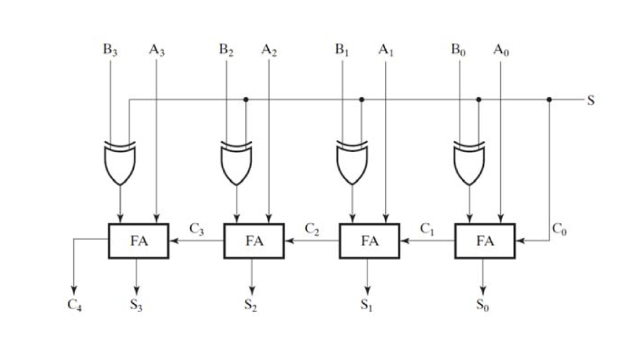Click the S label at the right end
pyautogui.click(x=590, y=100)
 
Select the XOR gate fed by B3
pyautogui.click(x=120, y=164)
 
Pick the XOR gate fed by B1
pyautogui.click(x=352, y=164)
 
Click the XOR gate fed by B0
pyautogui.click(x=469, y=164)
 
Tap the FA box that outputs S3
pyautogui.click(x=139, y=241)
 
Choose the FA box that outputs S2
pyautogui.click(x=254, y=241)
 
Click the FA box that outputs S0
pyautogui.click(x=485, y=241)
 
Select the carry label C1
pyautogui.click(x=427, y=229)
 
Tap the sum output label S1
pyautogui.click(x=366, y=305)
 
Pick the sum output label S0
pyautogui.click(x=483, y=305)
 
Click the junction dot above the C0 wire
pyautogui.click(x=549, y=99)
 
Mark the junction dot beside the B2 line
pyautogui.click(x=245, y=99)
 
